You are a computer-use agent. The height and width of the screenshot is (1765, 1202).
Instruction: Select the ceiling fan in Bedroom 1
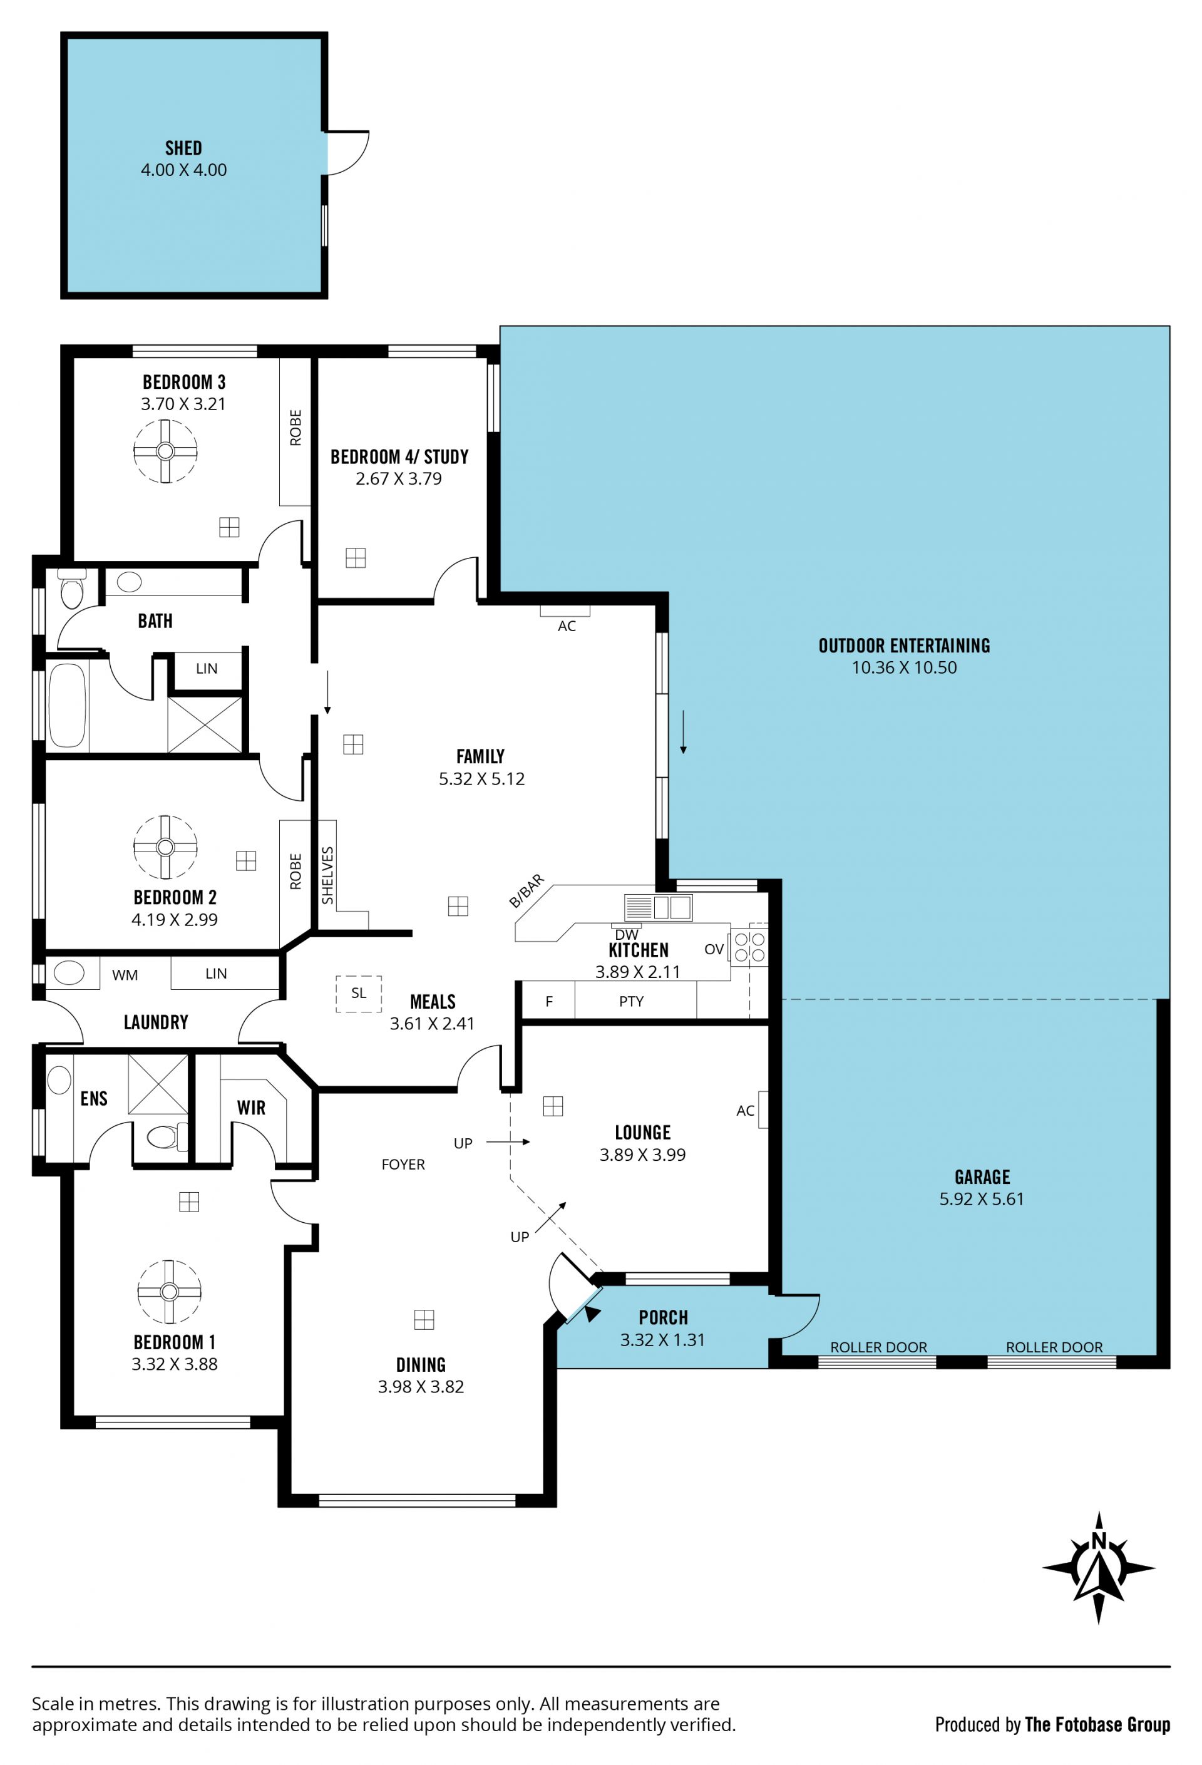169,1291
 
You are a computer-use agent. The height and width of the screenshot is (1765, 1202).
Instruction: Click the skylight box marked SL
358,994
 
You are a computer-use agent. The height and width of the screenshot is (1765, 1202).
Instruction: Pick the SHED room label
184,148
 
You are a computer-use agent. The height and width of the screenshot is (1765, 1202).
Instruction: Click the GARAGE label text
982,1177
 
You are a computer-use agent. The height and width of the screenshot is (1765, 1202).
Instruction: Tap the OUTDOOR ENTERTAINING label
903,646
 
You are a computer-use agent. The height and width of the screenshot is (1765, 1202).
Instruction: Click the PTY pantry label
631,1001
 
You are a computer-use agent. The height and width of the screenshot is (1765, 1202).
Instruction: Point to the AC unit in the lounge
763,1109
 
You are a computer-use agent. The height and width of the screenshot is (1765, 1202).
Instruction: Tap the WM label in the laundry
125,975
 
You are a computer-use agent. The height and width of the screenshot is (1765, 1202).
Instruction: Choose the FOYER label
403,1165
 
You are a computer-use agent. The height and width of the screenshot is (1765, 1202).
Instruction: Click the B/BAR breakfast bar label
527,891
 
